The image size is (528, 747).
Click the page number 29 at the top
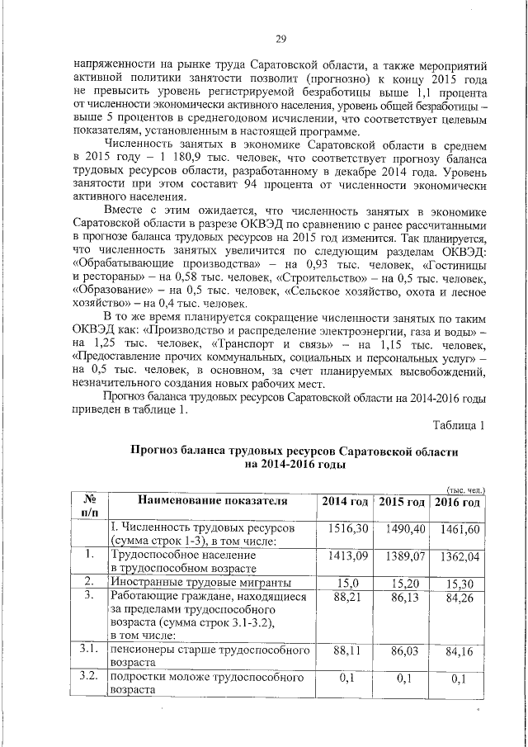click(x=280, y=40)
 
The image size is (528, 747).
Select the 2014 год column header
click(x=344, y=502)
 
